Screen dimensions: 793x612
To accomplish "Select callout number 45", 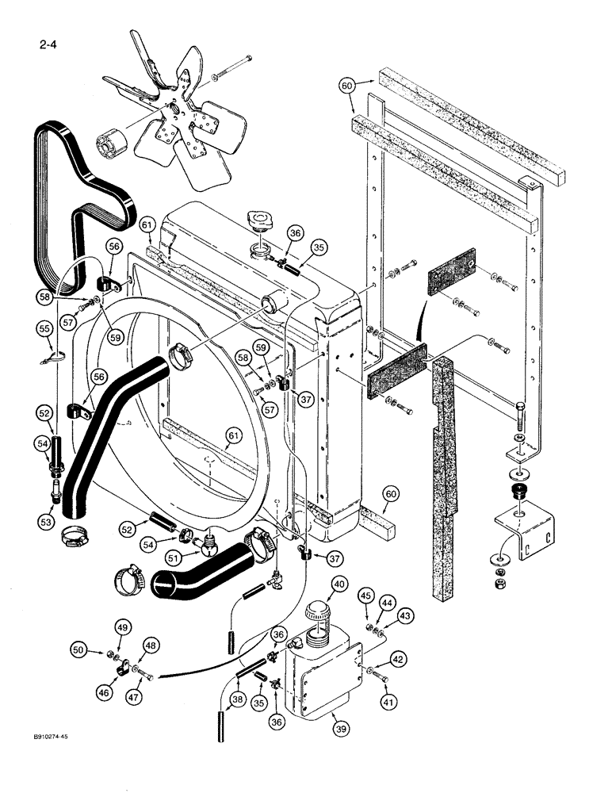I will click(x=365, y=595).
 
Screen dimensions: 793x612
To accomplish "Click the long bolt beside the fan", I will click(x=232, y=68).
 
